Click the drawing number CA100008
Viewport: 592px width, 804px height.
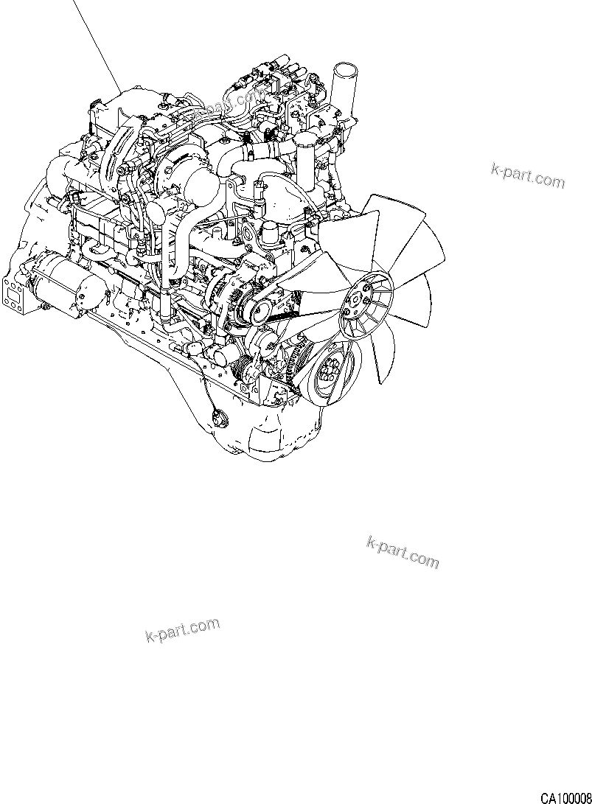click(564, 797)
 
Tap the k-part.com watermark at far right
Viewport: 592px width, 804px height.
click(527, 175)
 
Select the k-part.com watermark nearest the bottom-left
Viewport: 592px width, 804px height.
click(182, 630)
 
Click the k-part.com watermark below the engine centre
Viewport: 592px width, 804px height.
click(402, 552)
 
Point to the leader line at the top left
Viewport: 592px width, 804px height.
click(96, 44)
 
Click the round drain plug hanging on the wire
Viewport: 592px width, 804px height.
click(217, 420)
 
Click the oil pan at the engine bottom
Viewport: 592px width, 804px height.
click(273, 435)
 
